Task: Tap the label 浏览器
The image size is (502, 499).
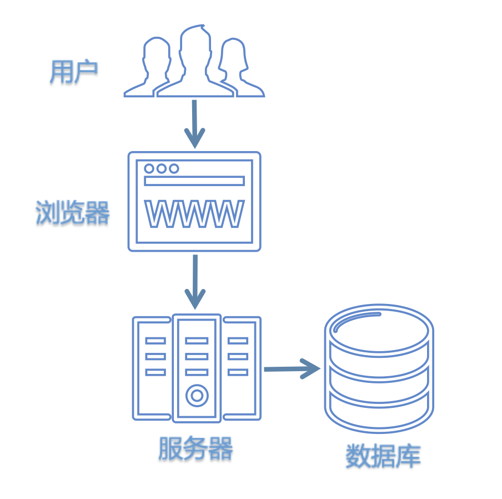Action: (x=73, y=212)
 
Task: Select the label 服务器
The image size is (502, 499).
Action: (x=195, y=448)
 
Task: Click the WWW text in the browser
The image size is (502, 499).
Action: (x=194, y=214)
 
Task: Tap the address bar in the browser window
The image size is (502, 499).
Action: (x=194, y=181)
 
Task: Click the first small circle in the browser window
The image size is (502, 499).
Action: (x=149, y=168)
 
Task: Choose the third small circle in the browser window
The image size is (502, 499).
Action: (x=174, y=168)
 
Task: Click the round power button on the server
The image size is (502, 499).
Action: (x=197, y=396)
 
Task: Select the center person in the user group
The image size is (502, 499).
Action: (x=194, y=61)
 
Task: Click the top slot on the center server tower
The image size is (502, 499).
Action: (x=197, y=340)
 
